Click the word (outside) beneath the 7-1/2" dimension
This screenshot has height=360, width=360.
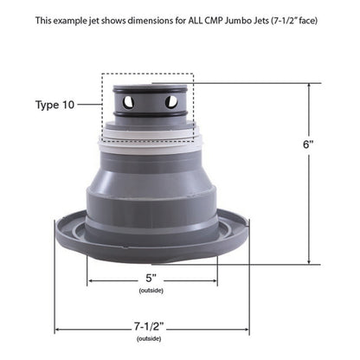pyautogui.click(x=149, y=340)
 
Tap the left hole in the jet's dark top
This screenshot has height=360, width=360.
pyautogui.click(x=128, y=102)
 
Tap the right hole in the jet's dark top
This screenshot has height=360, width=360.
pyautogui.click(x=171, y=102)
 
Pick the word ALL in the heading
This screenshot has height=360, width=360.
pyautogui.click(x=198, y=18)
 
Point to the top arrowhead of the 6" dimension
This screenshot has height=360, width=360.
pyautogui.click(x=309, y=86)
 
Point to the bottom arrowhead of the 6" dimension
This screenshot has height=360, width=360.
pyautogui.click(x=309, y=261)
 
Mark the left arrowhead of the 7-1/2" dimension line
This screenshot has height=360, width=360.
pyautogui.click(x=58, y=329)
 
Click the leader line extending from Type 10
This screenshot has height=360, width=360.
pyautogui.click(x=89, y=106)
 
